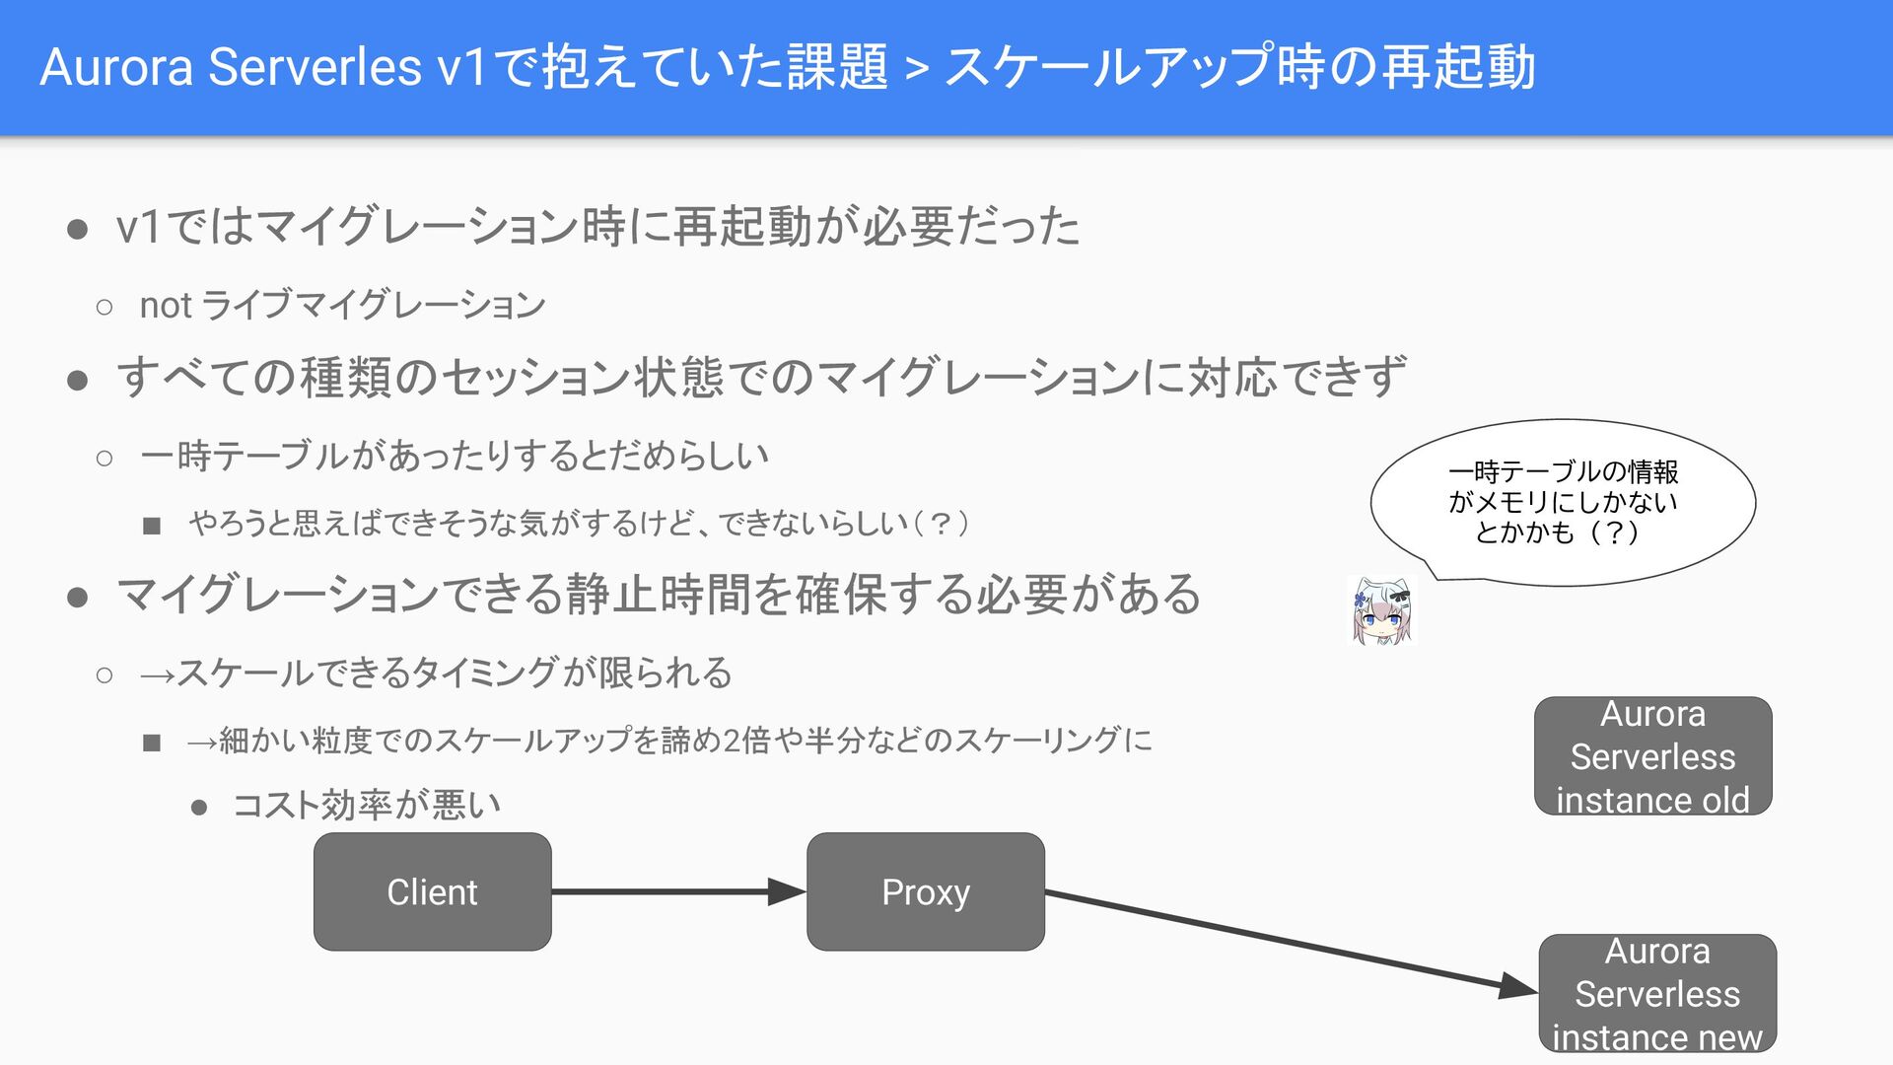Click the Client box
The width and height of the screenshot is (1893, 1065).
[432, 891]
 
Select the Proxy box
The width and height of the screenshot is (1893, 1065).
[925, 891]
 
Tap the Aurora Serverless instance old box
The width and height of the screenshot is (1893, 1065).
[1652, 756]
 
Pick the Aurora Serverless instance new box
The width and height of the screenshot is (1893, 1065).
[1657, 993]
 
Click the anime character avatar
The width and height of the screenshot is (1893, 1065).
[1381, 610]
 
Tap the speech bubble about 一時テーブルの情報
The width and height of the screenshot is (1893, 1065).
[1563, 502]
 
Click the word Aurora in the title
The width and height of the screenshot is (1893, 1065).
[116, 67]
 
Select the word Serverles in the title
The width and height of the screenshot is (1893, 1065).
[315, 67]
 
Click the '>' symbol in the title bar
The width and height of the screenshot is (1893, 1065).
[916, 69]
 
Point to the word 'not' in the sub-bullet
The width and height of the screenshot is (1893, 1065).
[165, 306]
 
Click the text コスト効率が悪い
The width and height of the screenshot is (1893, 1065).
[367, 805]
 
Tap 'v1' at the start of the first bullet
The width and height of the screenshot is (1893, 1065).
[137, 227]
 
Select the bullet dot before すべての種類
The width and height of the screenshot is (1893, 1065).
[78, 380]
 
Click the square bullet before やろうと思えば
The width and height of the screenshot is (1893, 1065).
[151, 526]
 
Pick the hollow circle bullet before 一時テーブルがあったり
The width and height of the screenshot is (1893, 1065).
[105, 458]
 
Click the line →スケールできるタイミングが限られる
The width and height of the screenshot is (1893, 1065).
[436, 674]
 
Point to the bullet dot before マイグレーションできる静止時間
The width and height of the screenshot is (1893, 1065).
[78, 597]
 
